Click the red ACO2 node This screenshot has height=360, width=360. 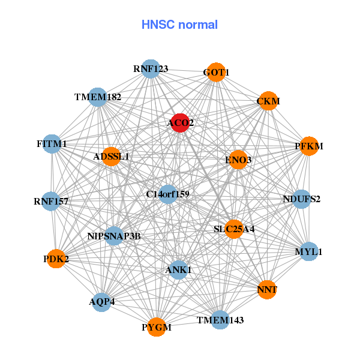180,123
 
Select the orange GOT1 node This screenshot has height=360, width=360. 216,73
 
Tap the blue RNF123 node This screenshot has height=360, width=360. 151,69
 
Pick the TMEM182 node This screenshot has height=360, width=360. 98,97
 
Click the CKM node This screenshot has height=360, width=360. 268,101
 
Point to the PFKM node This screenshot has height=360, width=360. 308,146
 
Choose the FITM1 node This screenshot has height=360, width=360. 52,144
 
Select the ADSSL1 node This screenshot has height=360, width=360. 111,157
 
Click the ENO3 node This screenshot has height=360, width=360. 238,160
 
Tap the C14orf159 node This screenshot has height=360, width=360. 168,194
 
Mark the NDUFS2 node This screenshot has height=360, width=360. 301,199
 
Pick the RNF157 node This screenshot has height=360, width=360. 51,201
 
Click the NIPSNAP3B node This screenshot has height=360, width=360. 113,236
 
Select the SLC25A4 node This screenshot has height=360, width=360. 234,229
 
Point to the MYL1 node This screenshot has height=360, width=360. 308,251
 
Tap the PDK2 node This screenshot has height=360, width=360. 56,259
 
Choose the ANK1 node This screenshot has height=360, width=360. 178,269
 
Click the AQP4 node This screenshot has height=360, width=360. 101,301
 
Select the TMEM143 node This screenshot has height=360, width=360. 220,320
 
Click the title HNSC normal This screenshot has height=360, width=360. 179,25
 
